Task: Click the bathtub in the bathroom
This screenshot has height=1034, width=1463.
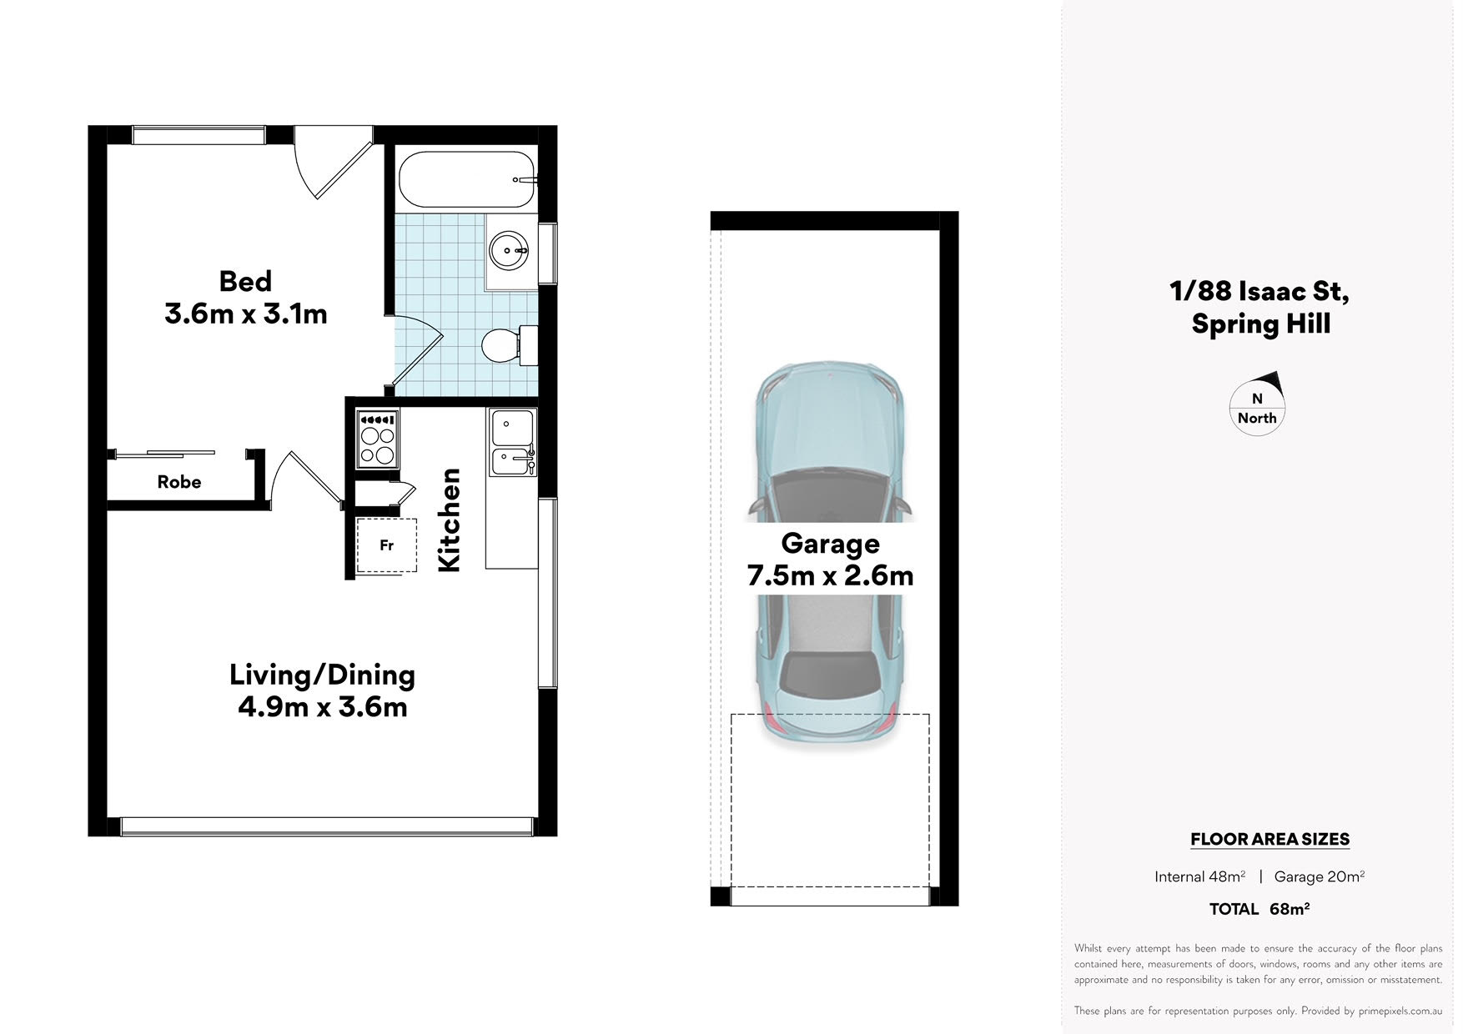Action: point(465,179)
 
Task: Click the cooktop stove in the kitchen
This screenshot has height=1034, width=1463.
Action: point(377,438)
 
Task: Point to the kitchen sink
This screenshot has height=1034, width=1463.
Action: point(512,443)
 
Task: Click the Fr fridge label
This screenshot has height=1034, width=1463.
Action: point(386,545)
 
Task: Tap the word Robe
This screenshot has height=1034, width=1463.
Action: point(179,482)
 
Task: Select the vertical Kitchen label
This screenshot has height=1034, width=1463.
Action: point(450,520)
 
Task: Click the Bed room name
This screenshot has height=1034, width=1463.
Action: point(245,281)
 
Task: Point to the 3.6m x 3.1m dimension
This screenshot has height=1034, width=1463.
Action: point(246,314)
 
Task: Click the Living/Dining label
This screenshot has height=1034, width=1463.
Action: point(322,675)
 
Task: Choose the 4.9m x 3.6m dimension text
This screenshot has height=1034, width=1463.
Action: point(323,707)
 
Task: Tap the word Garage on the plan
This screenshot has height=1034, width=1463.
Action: point(830,544)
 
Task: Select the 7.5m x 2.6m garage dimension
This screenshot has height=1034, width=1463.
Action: point(830,575)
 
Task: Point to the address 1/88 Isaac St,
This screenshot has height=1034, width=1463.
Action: point(1259,291)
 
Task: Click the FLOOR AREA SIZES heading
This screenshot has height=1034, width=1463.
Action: point(1269,840)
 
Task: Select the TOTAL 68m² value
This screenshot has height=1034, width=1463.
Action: point(1259,909)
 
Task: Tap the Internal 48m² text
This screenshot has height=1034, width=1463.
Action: point(1199,876)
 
